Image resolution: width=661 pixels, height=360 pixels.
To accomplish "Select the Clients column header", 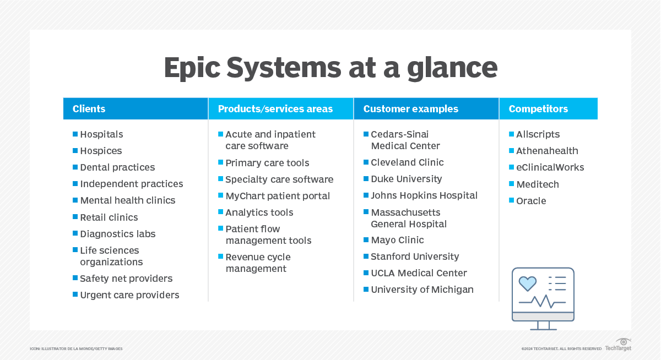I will pyautogui.click(x=89, y=109).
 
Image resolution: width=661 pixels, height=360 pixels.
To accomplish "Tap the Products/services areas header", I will pyautogui.click(x=275, y=109).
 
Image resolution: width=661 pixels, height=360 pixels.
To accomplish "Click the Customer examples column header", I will pyautogui.click(x=410, y=109).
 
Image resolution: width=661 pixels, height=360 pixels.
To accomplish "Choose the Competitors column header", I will pyautogui.click(x=538, y=109).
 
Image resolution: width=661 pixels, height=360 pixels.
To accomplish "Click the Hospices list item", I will pyautogui.click(x=101, y=151).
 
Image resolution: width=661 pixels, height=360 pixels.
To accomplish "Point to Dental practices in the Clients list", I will pyautogui.click(x=117, y=167).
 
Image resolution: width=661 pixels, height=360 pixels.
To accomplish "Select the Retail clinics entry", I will pyautogui.click(x=109, y=217).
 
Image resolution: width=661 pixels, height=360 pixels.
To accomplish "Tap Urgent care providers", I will pyautogui.click(x=129, y=295).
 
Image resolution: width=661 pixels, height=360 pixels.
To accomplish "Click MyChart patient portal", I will pyautogui.click(x=278, y=196).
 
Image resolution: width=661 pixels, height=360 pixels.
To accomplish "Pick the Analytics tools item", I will pyautogui.click(x=259, y=212).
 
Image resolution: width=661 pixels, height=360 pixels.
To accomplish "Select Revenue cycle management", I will pyautogui.click(x=257, y=263).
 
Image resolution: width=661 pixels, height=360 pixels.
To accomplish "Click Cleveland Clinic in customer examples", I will pyautogui.click(x=407, y=162).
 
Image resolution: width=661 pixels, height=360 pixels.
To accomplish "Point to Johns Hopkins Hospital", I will pyautogui.click(x=424, y=195).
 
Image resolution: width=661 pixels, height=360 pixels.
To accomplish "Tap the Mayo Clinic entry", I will pyautogui.click(x=397, y=240).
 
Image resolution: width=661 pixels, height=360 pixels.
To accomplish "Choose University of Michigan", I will pyautogui.click(x=422, y=290).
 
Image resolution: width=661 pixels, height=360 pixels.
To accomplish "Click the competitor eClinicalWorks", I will pyautogui.click(x=550, y=167).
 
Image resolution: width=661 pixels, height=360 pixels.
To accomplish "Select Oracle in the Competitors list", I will pyautogui.click(x=531, y=201).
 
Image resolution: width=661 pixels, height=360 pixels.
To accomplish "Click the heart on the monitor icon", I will pyautogui.click(x=528, y=283).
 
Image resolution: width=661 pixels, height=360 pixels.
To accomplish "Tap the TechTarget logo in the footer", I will pyautogui.click(x=618, y=345).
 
